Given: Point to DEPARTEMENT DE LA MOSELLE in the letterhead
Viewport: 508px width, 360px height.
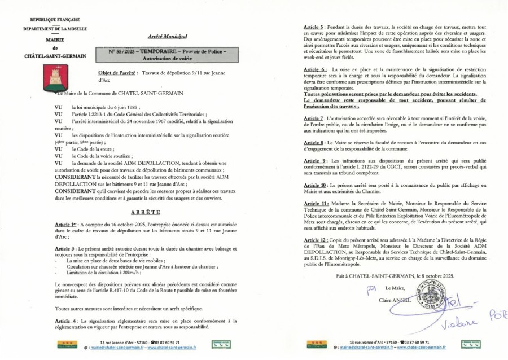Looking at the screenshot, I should [55, 29].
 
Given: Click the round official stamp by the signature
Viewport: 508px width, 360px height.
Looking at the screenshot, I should [427, 295].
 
